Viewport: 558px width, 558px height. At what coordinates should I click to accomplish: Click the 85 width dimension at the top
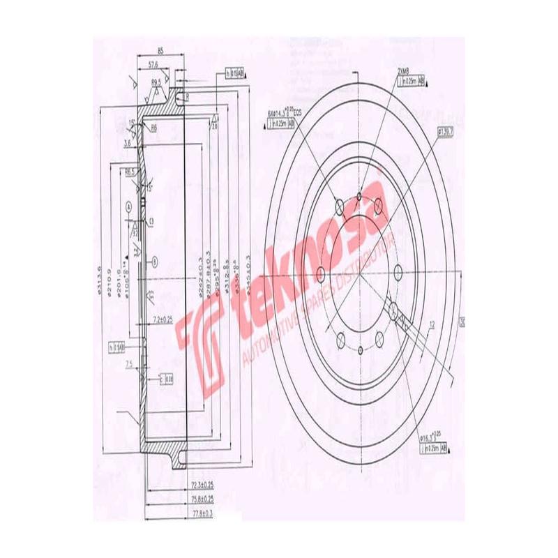160,51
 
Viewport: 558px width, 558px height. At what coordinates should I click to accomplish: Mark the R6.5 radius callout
130,170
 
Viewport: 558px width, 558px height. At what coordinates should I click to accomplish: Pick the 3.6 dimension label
127,142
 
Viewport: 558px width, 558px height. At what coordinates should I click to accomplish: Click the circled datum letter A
129,206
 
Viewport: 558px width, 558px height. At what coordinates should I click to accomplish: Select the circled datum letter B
156,260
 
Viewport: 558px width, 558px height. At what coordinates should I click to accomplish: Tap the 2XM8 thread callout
403,72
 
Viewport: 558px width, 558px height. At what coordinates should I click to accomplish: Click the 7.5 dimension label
129,364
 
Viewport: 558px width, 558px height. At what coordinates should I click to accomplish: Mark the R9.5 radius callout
156,82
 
